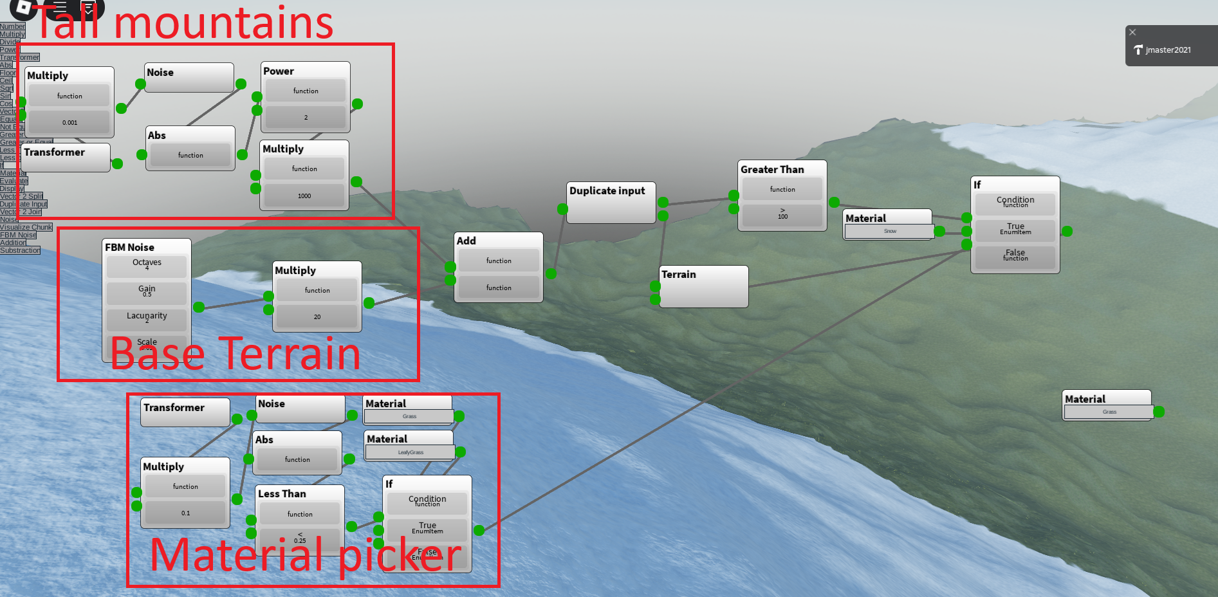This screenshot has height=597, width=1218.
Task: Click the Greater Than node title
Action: click(772, 170)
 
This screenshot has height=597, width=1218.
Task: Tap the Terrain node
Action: click(703, 286)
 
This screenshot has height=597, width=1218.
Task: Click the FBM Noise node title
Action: click(130, 248)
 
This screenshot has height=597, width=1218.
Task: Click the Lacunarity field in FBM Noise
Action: click(147, 318)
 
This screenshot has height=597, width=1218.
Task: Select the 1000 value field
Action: click(304, 196)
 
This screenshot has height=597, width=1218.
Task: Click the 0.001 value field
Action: click(69, 122)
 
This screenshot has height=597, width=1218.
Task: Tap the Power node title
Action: click(279, 71)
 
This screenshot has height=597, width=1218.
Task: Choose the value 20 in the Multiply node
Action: click(317, 317)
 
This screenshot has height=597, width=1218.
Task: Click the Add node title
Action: click(466, 241)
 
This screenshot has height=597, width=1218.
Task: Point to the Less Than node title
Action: click(282, 494)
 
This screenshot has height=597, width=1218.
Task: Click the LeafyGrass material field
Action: click(410, 452)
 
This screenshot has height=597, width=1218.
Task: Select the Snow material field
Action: click(889, 231)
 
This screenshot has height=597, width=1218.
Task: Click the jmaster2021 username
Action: click(1168, 50)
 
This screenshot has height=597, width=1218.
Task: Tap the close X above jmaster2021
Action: click(1132, 32)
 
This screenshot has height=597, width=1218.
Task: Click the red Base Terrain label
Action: click(235, 354)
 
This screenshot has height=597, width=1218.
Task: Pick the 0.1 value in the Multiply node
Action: click(185, 513)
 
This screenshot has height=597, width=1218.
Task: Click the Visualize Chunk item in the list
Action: click(26, 227)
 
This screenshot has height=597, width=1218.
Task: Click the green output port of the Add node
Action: click(551, 273)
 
